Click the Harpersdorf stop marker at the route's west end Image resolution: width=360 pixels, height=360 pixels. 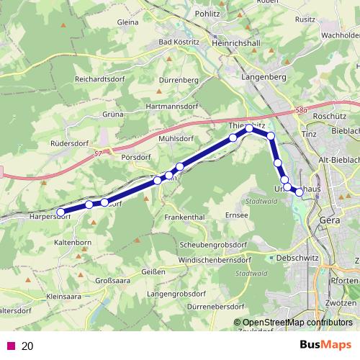click(61, 212)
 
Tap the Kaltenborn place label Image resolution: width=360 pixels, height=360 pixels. click(73, 243)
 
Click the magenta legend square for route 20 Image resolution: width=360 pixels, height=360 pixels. click(10, 346)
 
